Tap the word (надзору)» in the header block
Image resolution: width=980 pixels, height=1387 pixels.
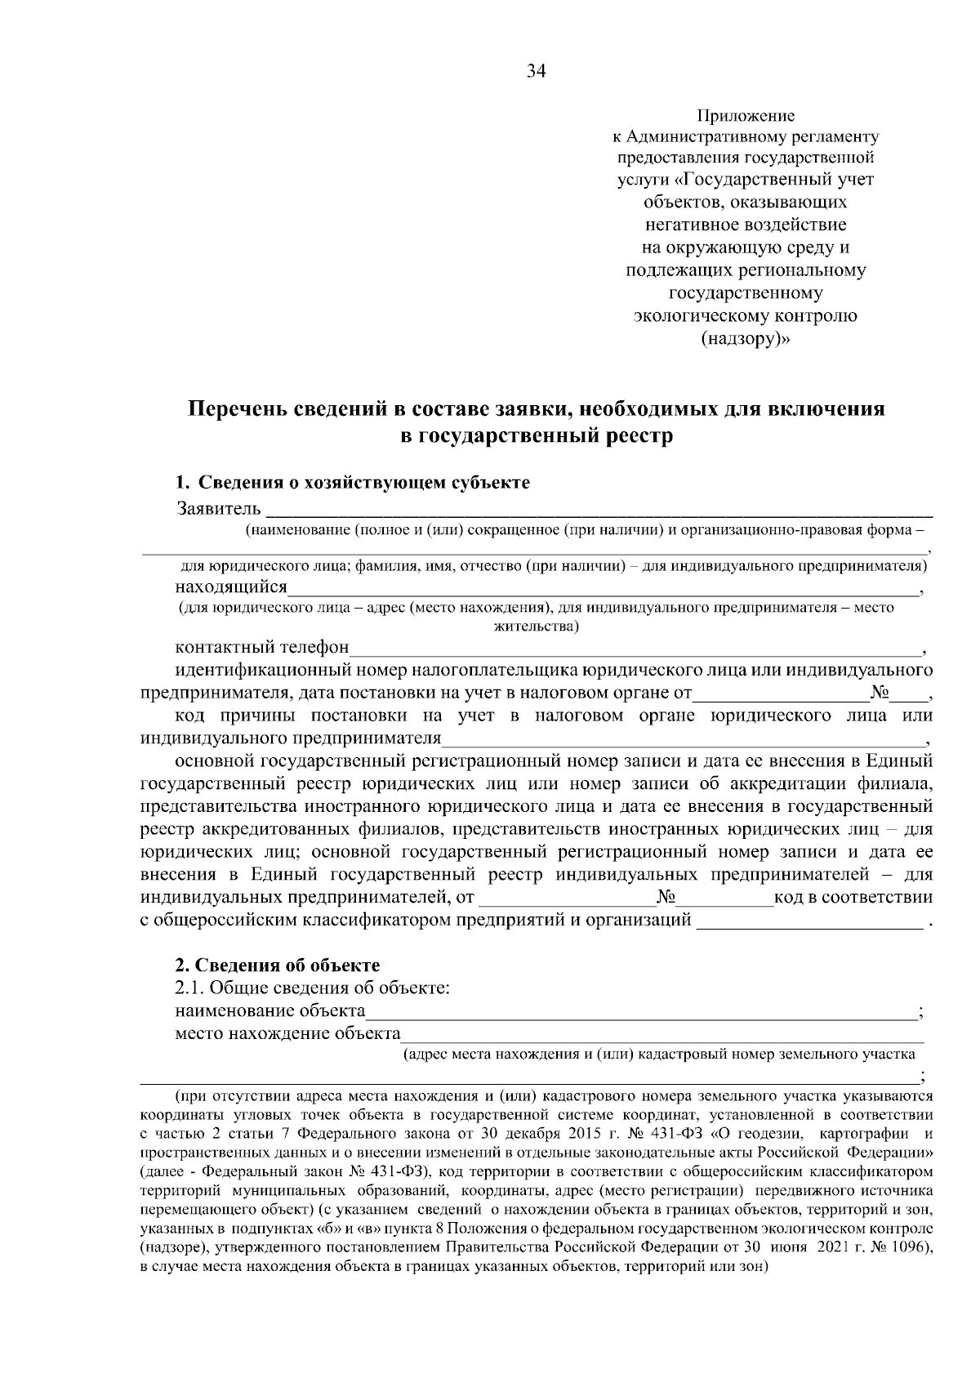coord(746,338)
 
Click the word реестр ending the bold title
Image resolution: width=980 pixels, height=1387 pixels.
coord(639,436)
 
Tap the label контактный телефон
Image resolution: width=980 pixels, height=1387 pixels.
coord(262,649)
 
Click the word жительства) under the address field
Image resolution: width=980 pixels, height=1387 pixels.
coord(537,627)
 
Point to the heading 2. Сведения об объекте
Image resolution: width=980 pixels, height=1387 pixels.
coord(278,966)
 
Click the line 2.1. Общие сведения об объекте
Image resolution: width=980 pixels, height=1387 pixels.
coord(314,988)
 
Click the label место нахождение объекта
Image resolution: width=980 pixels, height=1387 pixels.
coord(287,1034)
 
